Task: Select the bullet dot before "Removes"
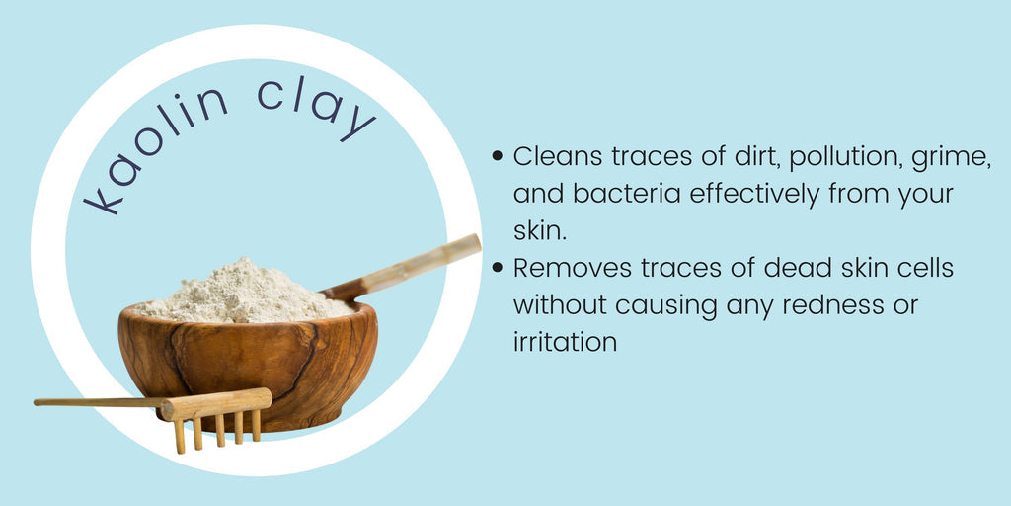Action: [498, 268]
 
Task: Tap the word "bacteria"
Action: [626, 194]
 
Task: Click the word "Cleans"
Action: [559, 157]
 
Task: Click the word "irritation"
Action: [565, 342]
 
